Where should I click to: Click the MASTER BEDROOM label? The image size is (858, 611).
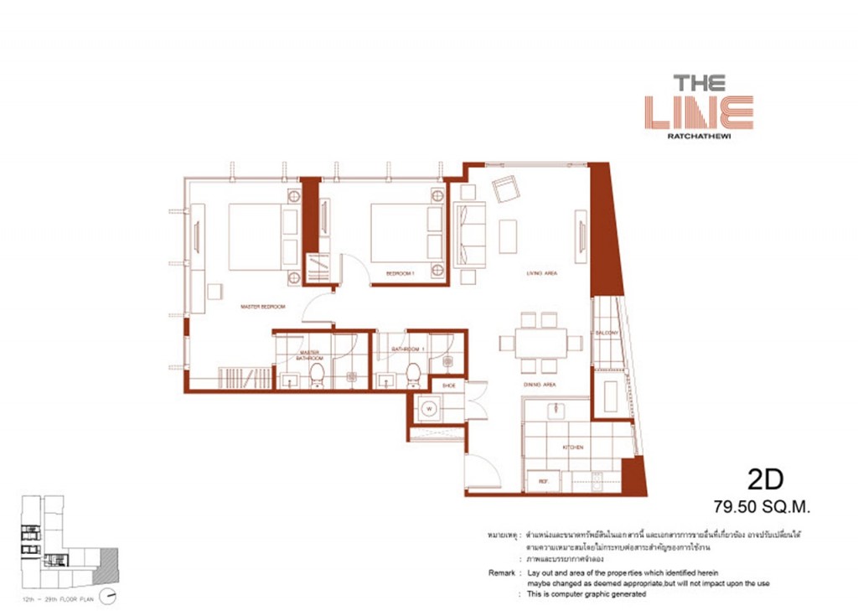click(x=263, y=307)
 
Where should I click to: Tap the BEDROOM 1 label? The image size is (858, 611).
click(x=400, y=273)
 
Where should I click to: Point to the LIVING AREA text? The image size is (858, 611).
click(x=542, y=273)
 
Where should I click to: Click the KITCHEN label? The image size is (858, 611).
click(x=573, y=448)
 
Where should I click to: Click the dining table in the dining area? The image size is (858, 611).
click(x=540, y=343)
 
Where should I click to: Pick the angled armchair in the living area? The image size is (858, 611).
click(x=506, y=190)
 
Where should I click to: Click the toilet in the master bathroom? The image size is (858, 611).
click(x=317, y=375)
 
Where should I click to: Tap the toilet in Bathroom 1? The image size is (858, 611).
click(x=412, y=375)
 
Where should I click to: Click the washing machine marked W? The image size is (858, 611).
click(x=430, y=410)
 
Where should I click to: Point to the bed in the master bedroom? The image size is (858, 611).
click(x=256, y=237)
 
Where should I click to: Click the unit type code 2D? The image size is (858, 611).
click(x=764, y=479)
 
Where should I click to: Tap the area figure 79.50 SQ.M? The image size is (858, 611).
click(x=762, y=506)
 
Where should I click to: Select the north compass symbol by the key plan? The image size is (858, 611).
click(x=106, y=597)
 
